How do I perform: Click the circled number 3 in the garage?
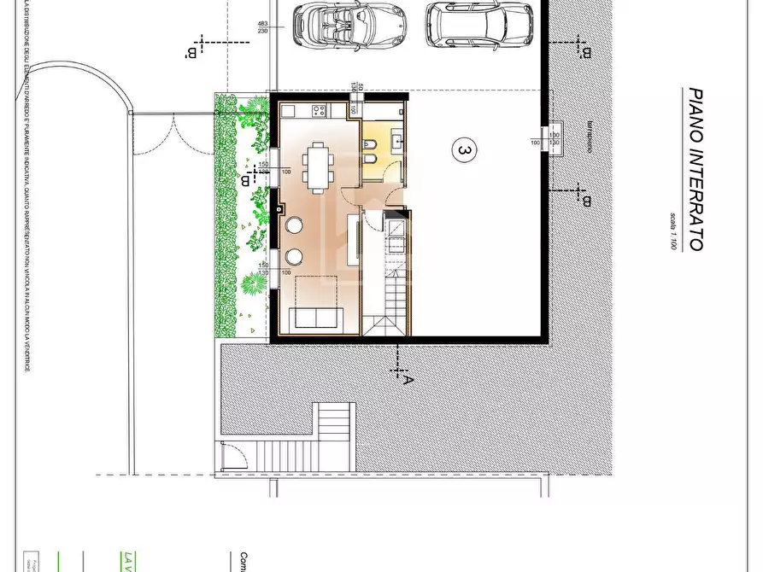point(464,151)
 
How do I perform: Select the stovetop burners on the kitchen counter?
point(320,110)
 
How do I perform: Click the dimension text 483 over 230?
point(263,26)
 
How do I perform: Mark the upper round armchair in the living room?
point(295,225)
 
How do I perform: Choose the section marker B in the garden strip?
point(246,180)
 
